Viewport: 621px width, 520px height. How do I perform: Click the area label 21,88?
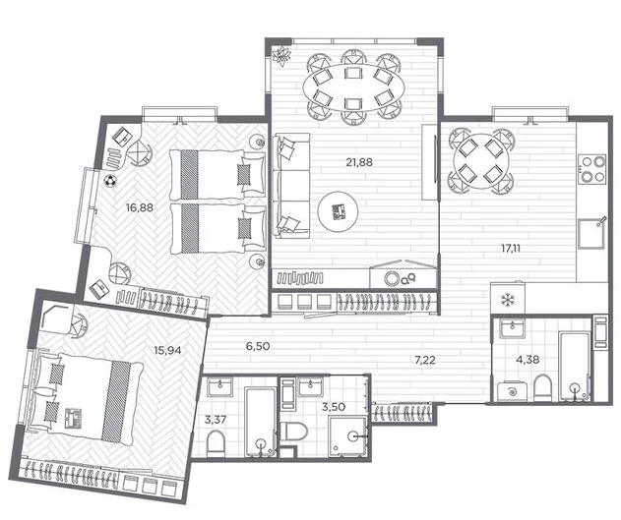click(359, 162)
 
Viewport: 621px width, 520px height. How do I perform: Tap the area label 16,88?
click(140, 207)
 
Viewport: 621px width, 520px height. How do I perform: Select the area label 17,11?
click(511, 249)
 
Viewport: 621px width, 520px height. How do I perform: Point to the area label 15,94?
click(168, 350)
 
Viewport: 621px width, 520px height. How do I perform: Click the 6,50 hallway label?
click(258, 346)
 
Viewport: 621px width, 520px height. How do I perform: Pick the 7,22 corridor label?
click(424, 360)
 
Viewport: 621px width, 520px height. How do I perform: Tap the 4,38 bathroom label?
click(528, 360)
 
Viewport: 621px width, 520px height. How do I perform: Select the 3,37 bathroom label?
click(216, 420)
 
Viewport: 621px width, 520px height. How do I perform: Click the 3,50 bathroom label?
click(334, 407)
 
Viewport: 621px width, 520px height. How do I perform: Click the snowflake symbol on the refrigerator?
click(507, 300)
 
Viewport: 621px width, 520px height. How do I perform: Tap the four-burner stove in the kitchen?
click(592, 168)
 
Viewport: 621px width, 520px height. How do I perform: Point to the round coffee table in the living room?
click(339, 212)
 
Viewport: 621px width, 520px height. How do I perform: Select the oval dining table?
click(353, 87)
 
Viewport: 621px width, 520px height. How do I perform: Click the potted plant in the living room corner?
click(282, 55)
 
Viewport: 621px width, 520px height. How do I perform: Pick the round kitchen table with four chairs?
click(481, 160)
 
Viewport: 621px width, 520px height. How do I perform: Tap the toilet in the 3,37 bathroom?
click(216, 443)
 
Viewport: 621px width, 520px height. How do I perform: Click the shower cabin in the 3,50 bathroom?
click(347, 437)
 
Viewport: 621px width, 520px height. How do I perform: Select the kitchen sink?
click(591, 233)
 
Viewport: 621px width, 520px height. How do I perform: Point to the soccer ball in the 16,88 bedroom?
click(109, 181)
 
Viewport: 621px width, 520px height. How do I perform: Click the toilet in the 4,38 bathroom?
click(542, 388)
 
